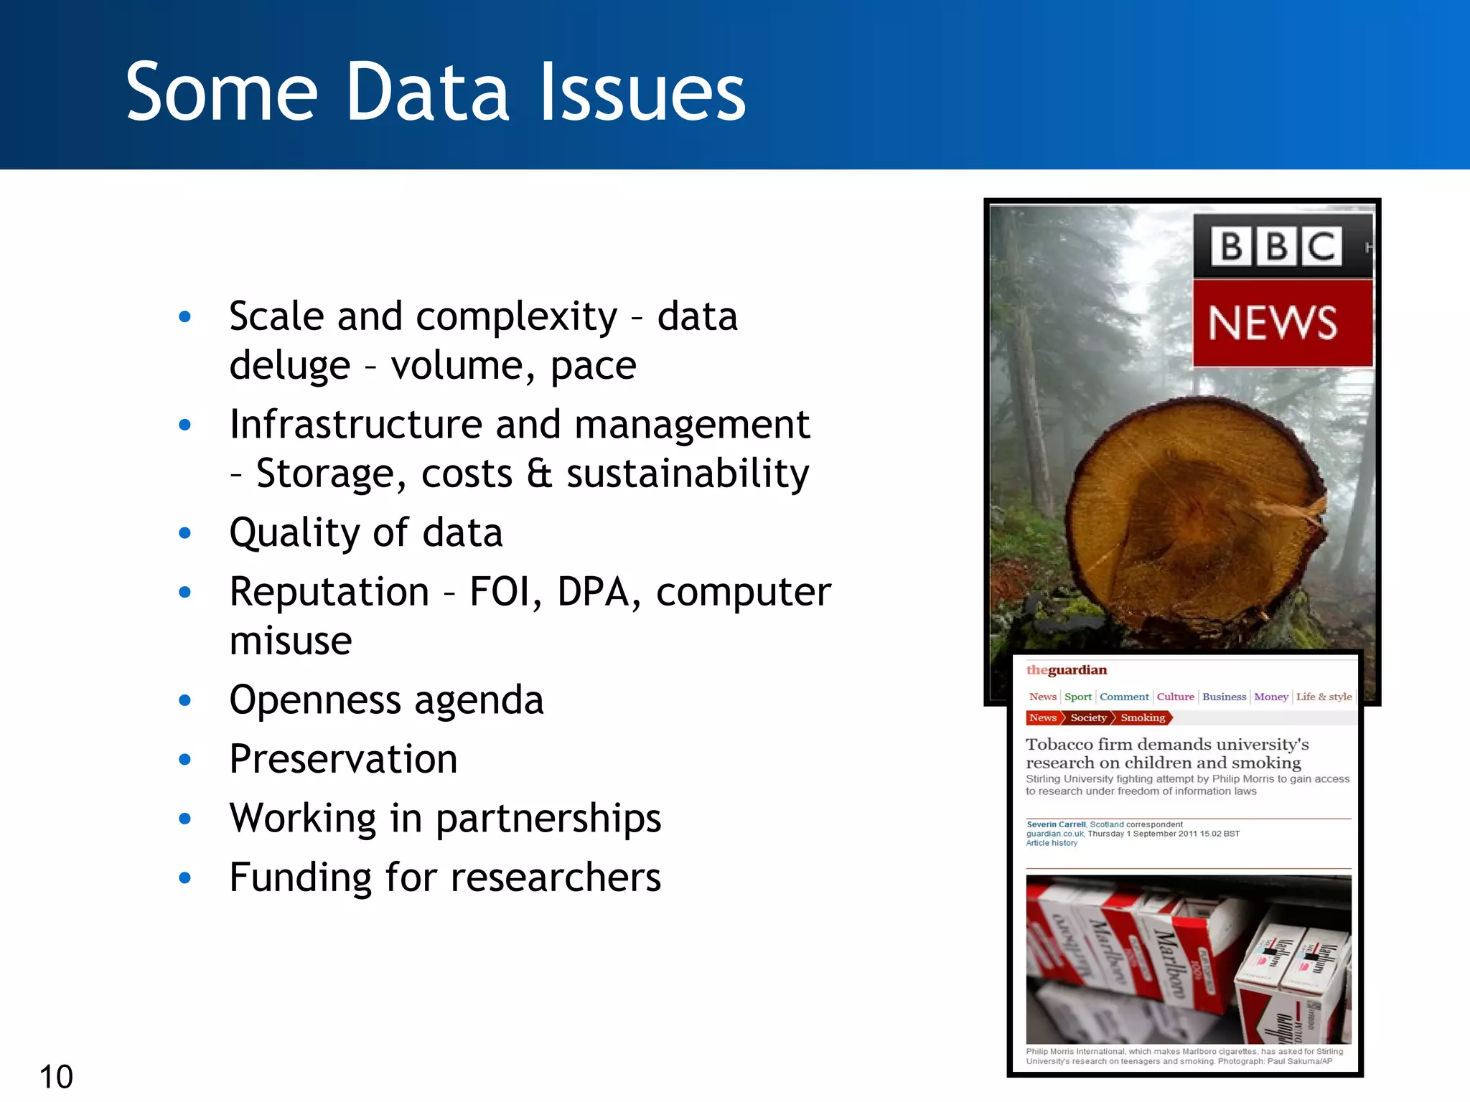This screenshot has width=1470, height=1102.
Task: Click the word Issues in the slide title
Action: tap(642, 92)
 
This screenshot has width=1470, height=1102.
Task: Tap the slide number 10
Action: tap(56, 1076)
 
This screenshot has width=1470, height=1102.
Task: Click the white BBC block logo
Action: tap(1276, 246)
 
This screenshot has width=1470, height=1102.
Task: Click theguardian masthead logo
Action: tap(1066, 670)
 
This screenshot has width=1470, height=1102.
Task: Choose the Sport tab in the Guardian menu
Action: tap(1077, 697)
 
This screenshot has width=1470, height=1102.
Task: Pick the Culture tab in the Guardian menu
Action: tap(1175, 697)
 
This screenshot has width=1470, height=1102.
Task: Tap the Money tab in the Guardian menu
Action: tap(1270, 697)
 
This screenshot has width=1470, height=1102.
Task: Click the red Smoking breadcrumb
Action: tap(1143, 717)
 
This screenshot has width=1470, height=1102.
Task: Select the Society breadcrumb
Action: tap(1088, 717)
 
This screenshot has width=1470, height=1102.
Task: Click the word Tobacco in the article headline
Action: tap(1059, 744)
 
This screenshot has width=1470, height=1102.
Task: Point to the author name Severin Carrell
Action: tap(1056, 824)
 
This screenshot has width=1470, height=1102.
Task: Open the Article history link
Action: tap(1052, 843)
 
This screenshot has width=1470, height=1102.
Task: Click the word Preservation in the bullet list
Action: tap(343, 759)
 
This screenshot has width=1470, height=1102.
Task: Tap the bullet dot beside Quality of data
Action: tap(185, 533)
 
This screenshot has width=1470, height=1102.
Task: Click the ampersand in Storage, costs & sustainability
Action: tap(539, 474)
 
